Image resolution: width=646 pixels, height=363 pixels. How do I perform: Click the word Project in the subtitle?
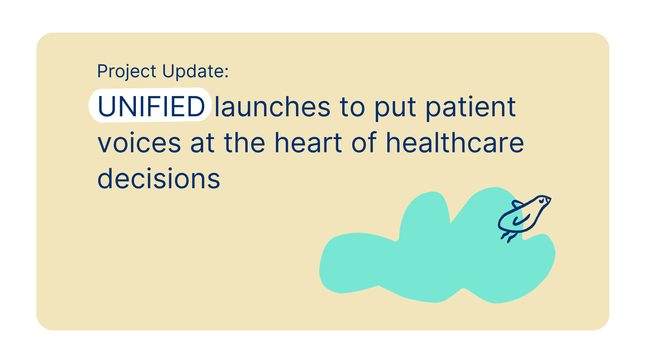pyautogui.click(x=127, y=72)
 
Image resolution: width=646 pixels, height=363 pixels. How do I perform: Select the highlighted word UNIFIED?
pyautogui.click(x=151, y=106)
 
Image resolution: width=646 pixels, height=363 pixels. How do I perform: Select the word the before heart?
pyautogui.click(x=245, y=142)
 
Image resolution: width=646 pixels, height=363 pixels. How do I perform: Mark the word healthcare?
pyautogui.click(x=455, y=142)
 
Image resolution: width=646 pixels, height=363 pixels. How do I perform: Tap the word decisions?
pyautogui.click(x=159, y=178)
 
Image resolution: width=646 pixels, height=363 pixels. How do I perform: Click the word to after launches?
pyautogui.click(x=352, y=108)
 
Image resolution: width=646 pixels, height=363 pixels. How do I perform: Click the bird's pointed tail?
pyautogui.click(x=516, y=204)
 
